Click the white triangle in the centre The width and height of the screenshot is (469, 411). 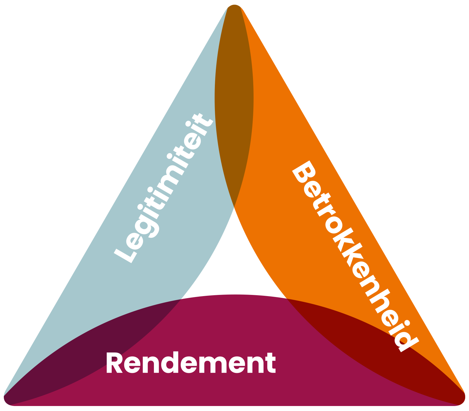coord(234,264)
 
